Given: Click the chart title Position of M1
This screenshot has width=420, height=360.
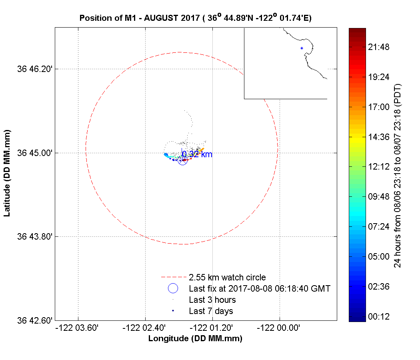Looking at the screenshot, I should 196,18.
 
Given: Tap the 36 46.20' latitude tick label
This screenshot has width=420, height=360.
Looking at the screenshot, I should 35,69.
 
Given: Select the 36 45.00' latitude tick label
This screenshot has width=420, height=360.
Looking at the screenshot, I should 35,153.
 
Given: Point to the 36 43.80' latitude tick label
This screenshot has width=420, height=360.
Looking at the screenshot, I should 35,236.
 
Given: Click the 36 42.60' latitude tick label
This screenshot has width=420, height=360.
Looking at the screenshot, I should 35,320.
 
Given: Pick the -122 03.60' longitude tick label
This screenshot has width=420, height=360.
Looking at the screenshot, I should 78,328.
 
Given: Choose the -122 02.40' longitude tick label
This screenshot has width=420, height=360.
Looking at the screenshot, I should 145,328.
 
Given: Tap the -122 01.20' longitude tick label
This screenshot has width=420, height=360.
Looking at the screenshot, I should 212,328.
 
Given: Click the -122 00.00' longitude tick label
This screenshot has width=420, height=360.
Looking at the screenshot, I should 279,328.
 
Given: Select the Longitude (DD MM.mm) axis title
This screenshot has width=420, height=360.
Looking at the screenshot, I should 195,339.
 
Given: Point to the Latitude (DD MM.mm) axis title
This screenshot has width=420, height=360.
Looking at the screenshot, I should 8,173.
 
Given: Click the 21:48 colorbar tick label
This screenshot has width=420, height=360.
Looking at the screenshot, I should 378,47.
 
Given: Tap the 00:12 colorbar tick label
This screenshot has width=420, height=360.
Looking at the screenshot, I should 378,316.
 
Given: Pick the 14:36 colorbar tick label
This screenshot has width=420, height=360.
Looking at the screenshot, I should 378,137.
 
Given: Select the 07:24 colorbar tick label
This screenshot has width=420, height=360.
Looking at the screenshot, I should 378,226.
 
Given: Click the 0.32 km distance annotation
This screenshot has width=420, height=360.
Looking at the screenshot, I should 197,154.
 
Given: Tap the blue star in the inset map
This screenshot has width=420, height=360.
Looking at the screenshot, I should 302,48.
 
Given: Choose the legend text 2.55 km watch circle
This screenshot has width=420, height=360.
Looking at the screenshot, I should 227,277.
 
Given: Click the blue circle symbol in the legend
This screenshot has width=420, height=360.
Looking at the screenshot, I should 173,288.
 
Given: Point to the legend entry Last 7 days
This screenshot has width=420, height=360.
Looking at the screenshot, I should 211,311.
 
